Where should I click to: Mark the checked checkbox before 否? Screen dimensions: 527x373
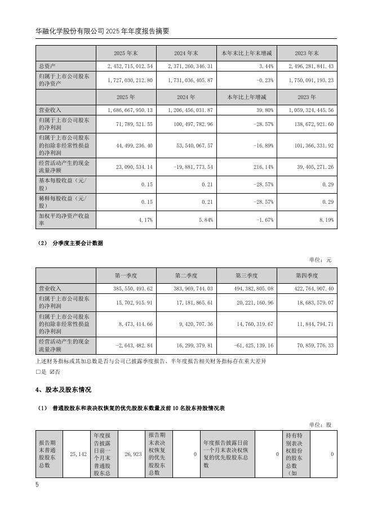pyautogui.click(x=52, y=372)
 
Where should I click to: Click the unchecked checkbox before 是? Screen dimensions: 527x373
pyautogui.click(x=37, y=372)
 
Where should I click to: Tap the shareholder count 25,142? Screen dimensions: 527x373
pyautogui.click(x=77, y=454)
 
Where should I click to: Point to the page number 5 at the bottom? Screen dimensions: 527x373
pyautogui.click(x=37, y=484)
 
